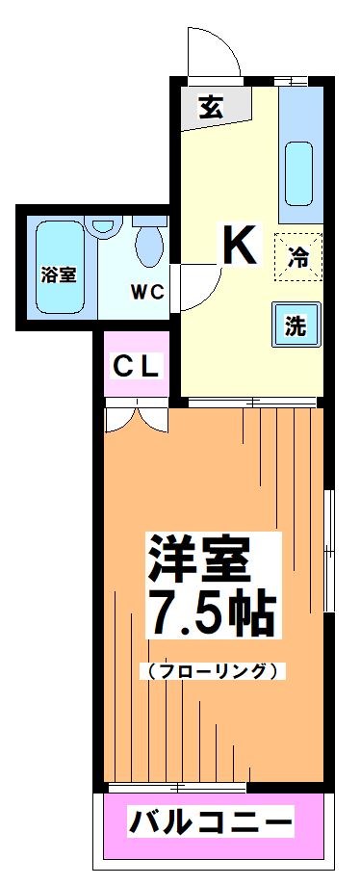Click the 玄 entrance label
click(x=211, y=108)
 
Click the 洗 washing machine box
click(x=296, y=325)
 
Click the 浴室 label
click(x=59, y=274)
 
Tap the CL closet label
click(x=137, y=366)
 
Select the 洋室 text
click(x=199, y=557)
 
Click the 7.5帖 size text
click(x=209, y=612)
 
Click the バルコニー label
click(x=210, y=825)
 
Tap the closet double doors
click(x=136, y=416)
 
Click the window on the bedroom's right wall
click(x=328, y=539)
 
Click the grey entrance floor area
click(x=217, y=108)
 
